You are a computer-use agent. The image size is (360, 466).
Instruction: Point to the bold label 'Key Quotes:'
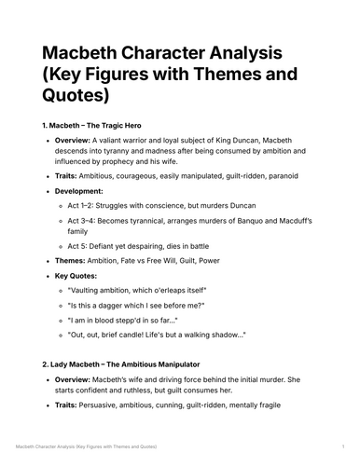(86, 277)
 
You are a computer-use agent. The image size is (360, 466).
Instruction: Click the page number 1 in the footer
(343, 450)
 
